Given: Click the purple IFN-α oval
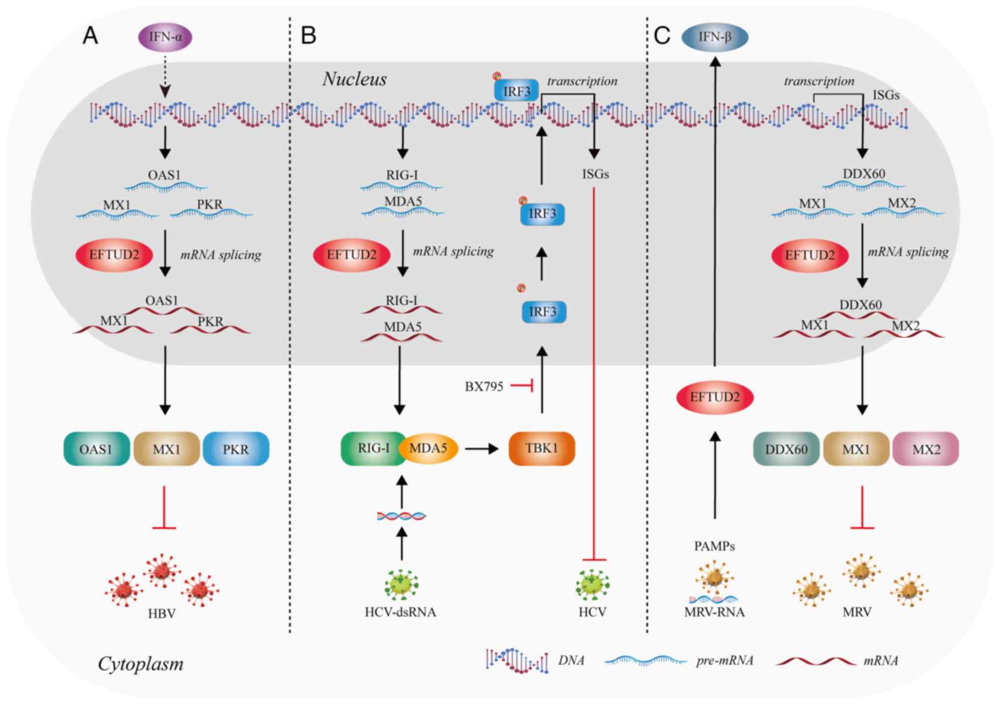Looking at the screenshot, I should tap(165, 37).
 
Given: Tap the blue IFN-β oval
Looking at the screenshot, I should tap(715, 37).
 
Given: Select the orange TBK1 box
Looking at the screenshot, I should tap(541, 448).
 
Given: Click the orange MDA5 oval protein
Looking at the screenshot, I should tap(429, 448).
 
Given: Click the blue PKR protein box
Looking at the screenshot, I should tap(236, 449).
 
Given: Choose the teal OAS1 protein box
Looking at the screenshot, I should tap(96, 449).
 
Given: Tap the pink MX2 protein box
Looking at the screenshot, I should tap(926, 449).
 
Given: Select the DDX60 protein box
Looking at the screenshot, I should tap(786, 449).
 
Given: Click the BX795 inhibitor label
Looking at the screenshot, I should tap(484, 387).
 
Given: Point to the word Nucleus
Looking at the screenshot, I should tap(354, 79).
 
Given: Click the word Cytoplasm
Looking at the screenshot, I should tap(141, 664).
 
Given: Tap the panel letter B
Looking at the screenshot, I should tap(308, 36).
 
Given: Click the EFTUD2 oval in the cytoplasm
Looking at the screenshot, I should tap(715, 397).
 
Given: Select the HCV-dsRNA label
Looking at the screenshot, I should tap(400, 612).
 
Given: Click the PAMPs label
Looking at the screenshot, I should tap(714, 546).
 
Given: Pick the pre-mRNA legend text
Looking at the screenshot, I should tap(725, 661).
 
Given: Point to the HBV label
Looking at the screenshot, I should tap(162, 614).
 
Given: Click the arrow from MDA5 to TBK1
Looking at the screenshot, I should tap(482, 449).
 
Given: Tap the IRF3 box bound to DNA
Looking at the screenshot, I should tap(516, 91).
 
